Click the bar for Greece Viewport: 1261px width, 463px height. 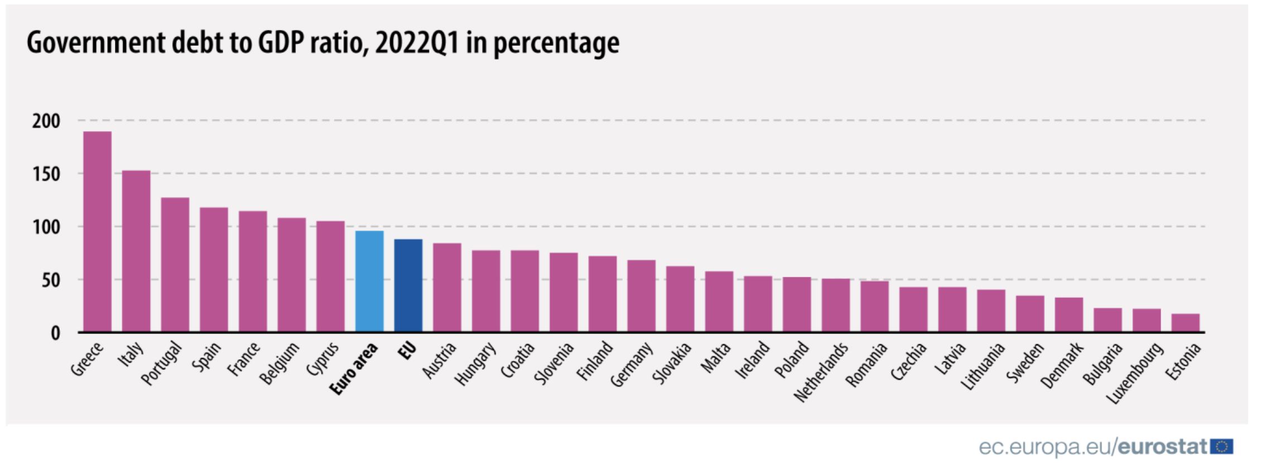pos(97,231)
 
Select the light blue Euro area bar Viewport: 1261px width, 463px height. pos(369,281)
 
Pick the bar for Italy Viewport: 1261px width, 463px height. pos(136,251)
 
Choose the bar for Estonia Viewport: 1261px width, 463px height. pos(1185,323)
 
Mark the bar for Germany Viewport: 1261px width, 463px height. pos(641,296)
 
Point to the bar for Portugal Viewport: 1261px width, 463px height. pos(175,265)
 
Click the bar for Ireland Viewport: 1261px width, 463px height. pos(758,304)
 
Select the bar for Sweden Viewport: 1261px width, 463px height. pos(1029,314)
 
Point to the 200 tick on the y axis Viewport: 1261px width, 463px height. pos(46,120)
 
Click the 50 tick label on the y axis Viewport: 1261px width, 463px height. pos(50,280)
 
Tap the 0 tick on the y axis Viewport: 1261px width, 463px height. pos(55,333)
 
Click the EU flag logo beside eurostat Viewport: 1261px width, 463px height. pos(1222,447)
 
